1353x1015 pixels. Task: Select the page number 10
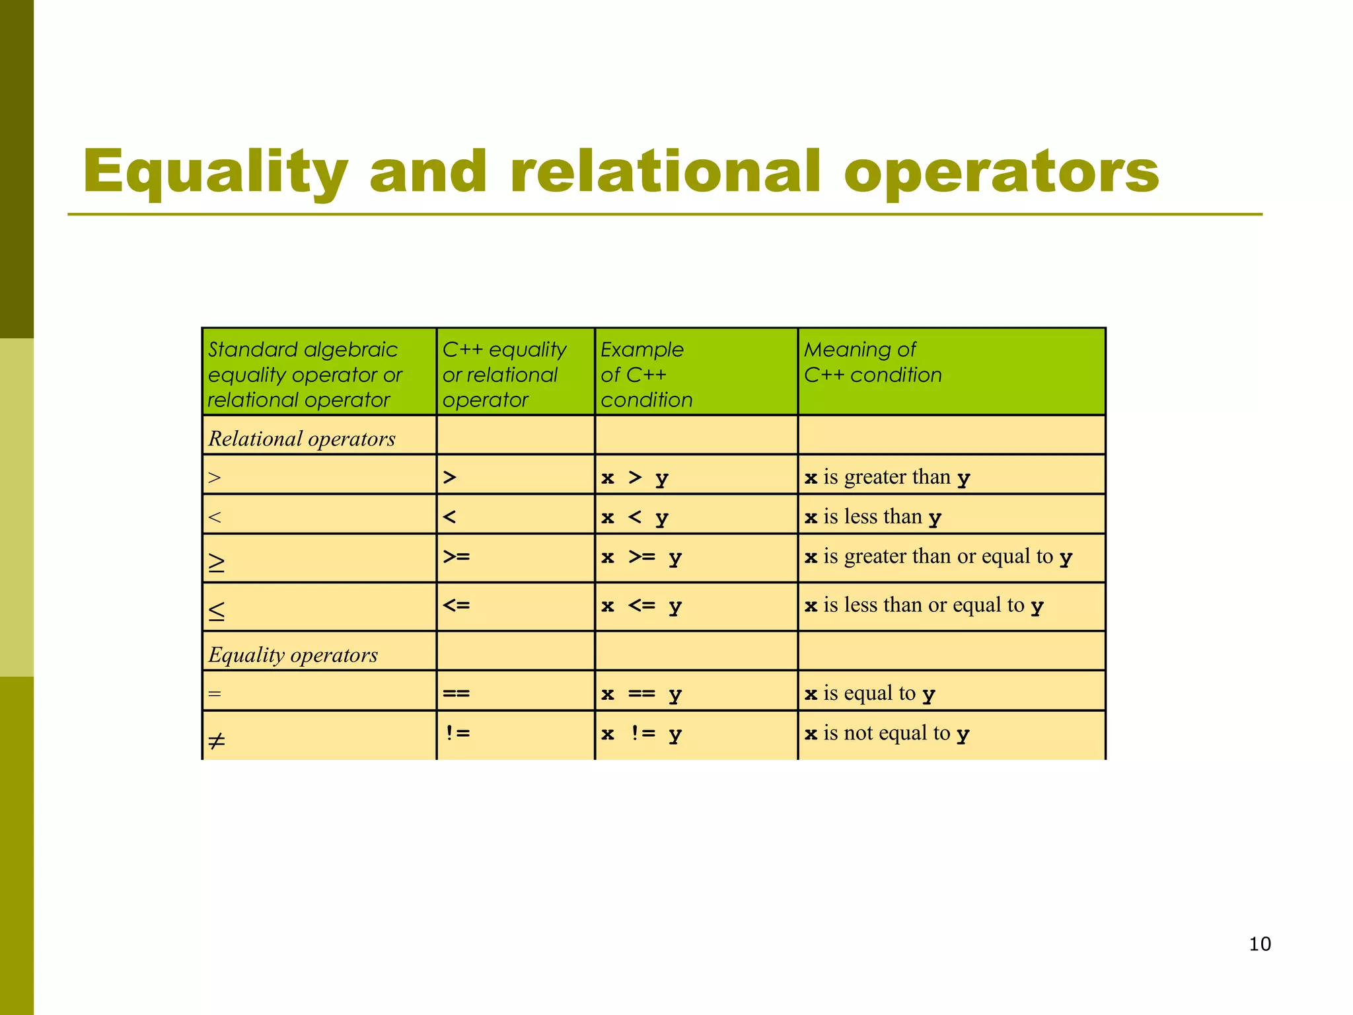tap(1260, 944)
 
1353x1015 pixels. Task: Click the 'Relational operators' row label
tap(302, 439)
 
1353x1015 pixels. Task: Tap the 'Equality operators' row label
tap(293, 655)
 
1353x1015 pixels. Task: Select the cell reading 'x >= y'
tap(641, 558)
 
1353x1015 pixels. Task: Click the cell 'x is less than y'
tap(873, 517)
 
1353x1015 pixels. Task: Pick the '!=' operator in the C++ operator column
tap(457, 732)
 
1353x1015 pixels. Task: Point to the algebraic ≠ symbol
tap(217, 741)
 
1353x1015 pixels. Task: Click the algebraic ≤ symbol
tap(217, 611)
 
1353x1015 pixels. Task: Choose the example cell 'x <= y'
tap(641, 606)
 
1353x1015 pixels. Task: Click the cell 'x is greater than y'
tap(887, 477)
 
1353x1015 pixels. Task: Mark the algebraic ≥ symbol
tap(217, 562)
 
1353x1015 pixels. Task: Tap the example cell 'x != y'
tap(641, 733)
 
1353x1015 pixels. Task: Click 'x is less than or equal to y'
tap(924, 605)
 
